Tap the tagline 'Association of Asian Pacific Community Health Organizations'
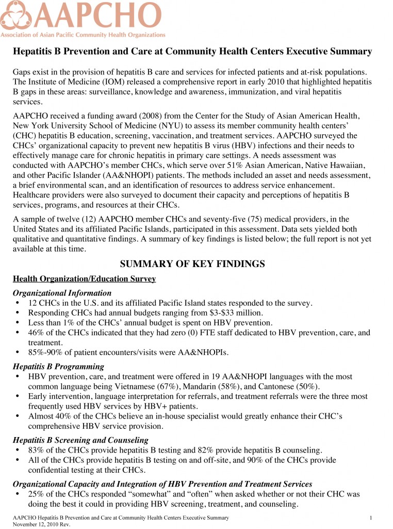83,35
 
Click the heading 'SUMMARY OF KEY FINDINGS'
192,264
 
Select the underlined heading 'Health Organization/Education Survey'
84,279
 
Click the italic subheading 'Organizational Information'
62,293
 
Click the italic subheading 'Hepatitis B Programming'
58,366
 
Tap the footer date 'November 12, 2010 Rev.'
41,524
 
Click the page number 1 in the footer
371,518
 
